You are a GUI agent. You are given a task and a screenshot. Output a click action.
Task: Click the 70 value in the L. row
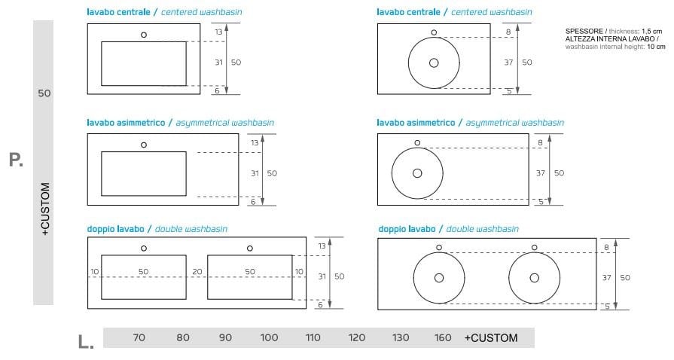(x=139, y=338)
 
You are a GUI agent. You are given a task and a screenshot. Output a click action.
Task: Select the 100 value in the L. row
(x=269, y=338)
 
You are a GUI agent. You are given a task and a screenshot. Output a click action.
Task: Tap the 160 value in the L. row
(x=443, y=338)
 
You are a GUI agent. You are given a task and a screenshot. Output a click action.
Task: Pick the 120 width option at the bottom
(x=357, y=338)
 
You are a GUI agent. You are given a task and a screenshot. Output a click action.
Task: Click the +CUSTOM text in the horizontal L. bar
(x=491, y=338)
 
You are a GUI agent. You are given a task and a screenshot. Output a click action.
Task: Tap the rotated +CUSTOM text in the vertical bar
(x=44, y=209)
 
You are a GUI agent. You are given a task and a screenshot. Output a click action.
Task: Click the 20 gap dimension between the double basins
(x=197, y=271)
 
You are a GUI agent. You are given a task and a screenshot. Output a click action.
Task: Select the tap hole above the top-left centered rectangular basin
(x=143, y=35)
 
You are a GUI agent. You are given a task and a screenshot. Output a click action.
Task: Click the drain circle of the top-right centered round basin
(x=434, y=63)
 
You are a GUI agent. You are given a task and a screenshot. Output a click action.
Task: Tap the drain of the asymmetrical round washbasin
(x=417, y=173)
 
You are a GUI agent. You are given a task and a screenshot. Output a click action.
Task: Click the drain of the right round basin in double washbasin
(x=535, y=277)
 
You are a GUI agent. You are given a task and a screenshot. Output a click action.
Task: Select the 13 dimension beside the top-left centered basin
(x=218, y=32)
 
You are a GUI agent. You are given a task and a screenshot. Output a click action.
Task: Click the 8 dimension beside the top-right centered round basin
(x=509, y=32)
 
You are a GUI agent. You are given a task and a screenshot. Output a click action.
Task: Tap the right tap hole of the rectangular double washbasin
(x=249, y=248)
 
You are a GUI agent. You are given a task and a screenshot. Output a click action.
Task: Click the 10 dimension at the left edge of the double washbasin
(x=94, y=271)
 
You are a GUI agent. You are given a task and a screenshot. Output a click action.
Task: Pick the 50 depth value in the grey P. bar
(x=44, y=93)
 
